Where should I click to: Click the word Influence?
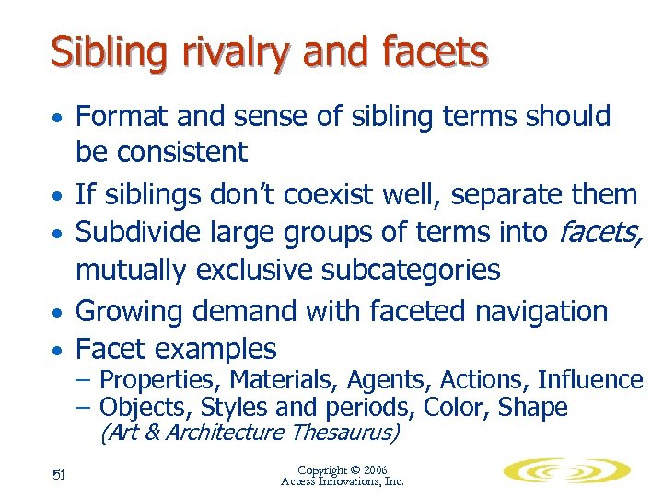click(x=591, y=380)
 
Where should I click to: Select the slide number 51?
click(x=57, y=475)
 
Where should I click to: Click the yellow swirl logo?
click(x=566, y=471)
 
